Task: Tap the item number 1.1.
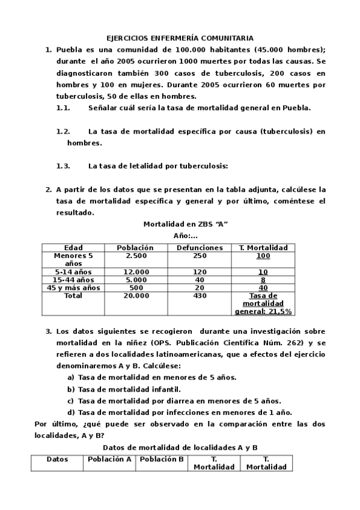tap(63, 108)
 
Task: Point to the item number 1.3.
tap(63, 165)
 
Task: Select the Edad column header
tap(73, 247)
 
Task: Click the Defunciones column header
tap(200, 247)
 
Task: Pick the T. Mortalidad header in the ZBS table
tap(263, 247)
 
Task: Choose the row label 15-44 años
tap(73, 280)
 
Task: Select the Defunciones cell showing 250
tap(200, 256)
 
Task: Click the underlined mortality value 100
tap(263, 256)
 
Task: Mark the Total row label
tap(73, 295)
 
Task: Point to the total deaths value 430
tap(200, 295)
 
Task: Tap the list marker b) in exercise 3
tap(71, 389)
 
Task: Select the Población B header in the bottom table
tap(161, 459)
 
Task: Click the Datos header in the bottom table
tap(58, 459)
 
